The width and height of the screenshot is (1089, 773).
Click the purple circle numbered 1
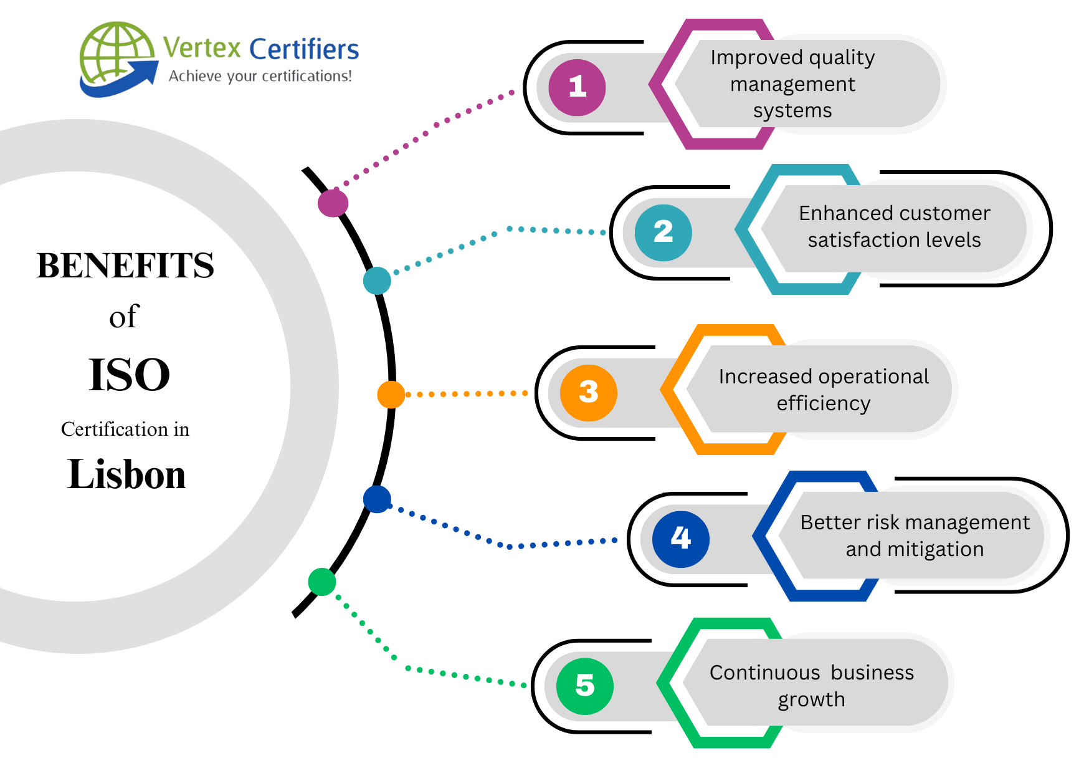[x=577, y=87]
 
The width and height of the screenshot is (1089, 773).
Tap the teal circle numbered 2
[x=663, y=233]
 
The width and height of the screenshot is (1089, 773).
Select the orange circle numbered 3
[x=588, y=393]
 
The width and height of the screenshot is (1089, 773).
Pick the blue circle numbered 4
[x=680, y=539]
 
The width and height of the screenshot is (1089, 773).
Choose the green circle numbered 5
[x=584, y=686]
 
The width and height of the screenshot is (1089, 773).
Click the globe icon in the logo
[x=117, y=56]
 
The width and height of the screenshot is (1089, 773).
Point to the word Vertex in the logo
[x=202, y=48]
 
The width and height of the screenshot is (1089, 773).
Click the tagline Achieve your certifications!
[x=260, y=76]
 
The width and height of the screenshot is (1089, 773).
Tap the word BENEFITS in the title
[x=125, y=266]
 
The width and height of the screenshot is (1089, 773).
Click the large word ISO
[x=129, y=375]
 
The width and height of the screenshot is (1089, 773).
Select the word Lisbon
[x=126, y=475]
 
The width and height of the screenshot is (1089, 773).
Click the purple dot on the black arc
[x=333, y=203]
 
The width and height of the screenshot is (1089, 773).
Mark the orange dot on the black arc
[x=391, y=395]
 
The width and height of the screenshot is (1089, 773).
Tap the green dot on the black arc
[x=322, y=582]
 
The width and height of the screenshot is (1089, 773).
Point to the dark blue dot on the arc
[x=377, y=499]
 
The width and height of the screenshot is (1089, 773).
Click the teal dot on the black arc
[x=377, y=281]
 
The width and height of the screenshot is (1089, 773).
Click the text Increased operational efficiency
[x=823, y=390]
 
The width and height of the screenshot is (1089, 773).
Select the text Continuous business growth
[x=811, y=686]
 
